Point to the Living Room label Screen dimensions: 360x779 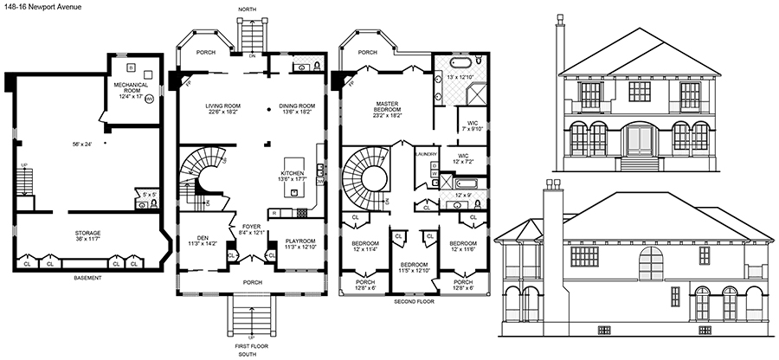pyautogui.click(x=223, y=106)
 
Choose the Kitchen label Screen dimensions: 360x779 pyautogui.click(x=293, y=173)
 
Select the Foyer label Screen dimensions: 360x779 pyautogui.click(x=248, y=227)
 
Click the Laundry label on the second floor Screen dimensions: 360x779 pyautogui.click(x=425, y=153)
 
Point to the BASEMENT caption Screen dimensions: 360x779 pyautogui.click(x=87, y=278)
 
